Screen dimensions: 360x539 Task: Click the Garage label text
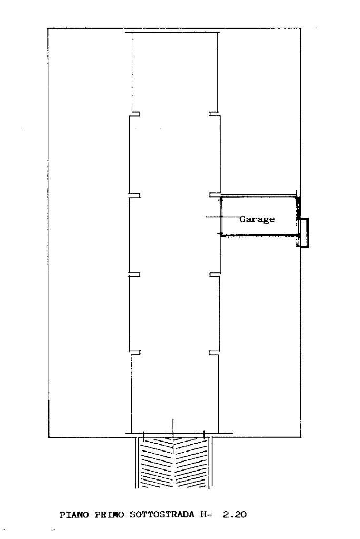tap(257, 219)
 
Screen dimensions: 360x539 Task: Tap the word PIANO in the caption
tap(74, 515)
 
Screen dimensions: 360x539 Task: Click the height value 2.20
tap(235, 515)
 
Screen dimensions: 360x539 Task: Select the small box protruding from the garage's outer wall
tap(304, 233)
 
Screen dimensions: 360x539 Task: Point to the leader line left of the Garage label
tap(223, 217)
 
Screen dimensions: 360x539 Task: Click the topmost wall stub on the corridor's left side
tap(134, 114)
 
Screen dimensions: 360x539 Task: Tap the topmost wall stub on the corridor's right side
tap(215, 114)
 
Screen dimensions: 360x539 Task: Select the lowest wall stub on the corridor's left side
tap(135, 352)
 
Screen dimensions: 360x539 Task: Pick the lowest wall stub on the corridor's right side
tap(215, 352)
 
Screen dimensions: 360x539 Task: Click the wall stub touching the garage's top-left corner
tap(215, 195)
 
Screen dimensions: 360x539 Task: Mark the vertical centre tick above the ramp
tap(173, 428)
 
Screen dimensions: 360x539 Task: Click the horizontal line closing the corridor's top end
tap(174, 32)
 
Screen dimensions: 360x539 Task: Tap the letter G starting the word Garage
tap(242, 219)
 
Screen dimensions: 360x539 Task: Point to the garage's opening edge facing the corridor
tap(221, 216)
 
